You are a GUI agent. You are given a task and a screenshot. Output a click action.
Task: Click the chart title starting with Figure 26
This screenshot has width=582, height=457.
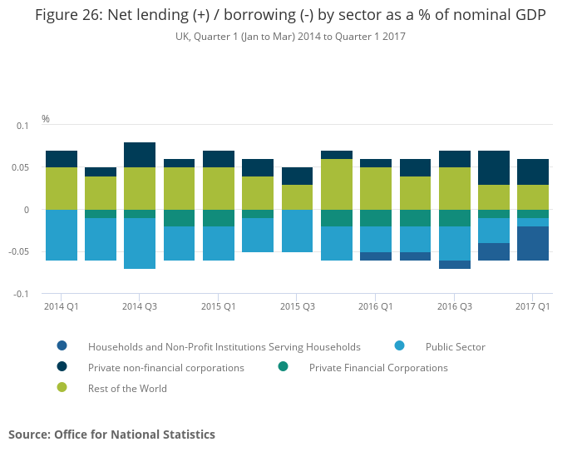click(290, 17)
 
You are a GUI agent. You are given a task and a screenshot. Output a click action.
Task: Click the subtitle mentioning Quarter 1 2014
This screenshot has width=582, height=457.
click(290, 37)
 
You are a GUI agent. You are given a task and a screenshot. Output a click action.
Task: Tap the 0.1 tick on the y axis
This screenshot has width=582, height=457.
click(22, 126)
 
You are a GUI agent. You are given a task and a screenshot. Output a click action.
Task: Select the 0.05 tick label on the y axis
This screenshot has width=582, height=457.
click(20, 167)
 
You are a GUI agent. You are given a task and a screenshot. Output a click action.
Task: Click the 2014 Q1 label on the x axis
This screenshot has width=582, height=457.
click(61, 306)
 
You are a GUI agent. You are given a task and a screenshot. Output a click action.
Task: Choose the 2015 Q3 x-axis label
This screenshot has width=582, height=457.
click(297, 306)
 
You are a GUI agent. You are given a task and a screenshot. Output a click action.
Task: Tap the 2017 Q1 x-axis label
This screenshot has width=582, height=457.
click(532, 306)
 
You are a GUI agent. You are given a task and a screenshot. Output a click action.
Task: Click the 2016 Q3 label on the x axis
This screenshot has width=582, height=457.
click(454, 306)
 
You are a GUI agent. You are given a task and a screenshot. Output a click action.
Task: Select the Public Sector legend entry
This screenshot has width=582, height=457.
click(455, 346)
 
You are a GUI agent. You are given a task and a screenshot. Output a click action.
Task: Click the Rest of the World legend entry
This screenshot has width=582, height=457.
click(127, 388)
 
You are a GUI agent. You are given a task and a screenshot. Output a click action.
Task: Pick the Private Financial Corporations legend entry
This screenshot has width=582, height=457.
click(378, 367)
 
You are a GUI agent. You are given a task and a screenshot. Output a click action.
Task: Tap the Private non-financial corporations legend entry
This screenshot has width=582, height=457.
click(166, 367)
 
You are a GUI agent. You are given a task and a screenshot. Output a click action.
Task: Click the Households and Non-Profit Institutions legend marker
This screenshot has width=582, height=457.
click(62, 346)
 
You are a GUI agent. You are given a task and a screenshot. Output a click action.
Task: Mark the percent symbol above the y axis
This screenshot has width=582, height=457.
click(46, 119)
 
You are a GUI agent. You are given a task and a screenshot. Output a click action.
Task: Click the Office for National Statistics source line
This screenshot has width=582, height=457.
click(111, 435)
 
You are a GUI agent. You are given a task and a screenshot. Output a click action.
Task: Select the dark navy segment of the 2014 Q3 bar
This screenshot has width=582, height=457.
click(140, 155)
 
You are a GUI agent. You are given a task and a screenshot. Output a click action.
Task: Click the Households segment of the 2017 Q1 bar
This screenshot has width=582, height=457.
click(533, 243)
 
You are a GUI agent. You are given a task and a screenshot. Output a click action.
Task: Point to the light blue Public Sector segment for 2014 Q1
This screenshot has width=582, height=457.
click(62, 235)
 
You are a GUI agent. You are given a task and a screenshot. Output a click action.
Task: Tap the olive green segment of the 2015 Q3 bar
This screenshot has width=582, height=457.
click(297, 196)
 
